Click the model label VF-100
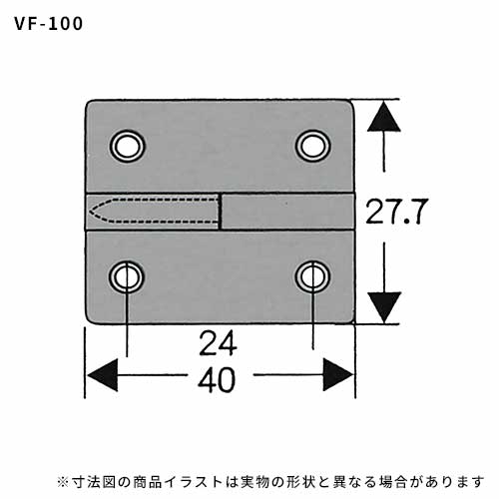coord(49,24)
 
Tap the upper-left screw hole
coord(127,146)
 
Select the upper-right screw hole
coord(312,146)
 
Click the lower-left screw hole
coord(127,277)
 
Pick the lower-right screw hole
coord(312,277)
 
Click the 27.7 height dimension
coord(395,212)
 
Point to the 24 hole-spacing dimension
coord(218,342)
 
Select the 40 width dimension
coord(217,379)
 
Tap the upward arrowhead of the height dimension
coord(384,116)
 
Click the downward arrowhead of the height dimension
coord(384,307)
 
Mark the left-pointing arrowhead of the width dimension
coord(102,375)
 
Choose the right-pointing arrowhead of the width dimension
coord(338,375)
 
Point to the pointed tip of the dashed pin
coord(90,212)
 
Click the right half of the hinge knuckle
coord(287,212)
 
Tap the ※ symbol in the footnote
coord(63,482)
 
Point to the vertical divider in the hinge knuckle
coord(220,212)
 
